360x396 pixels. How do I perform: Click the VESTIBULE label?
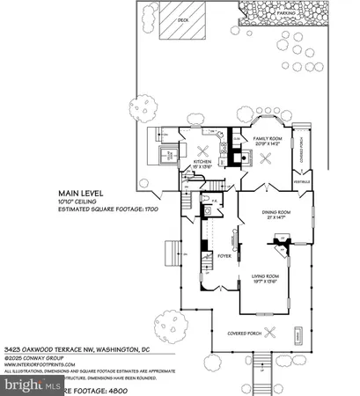300,183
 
